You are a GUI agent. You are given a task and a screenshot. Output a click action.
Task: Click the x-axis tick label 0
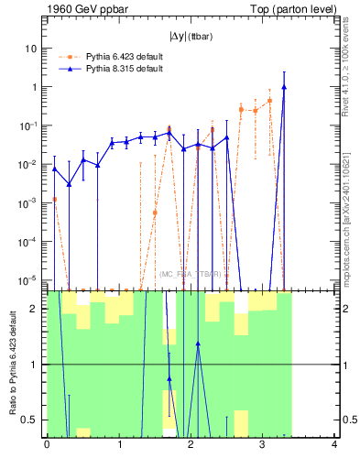coord(47,445)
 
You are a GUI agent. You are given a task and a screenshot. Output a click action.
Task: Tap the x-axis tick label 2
coord(191,445)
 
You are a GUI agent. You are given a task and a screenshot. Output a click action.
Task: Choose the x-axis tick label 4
coord(334,445)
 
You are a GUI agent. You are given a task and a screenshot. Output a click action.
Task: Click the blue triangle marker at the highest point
coord(284,87)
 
